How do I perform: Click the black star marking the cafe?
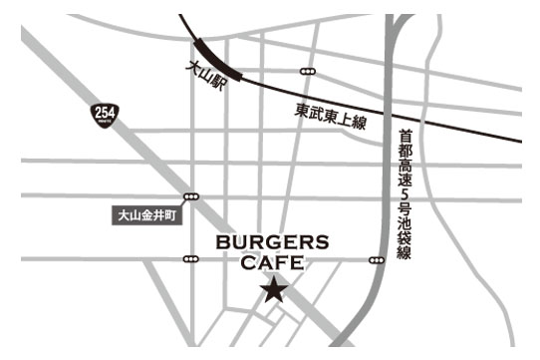[x=273, y=291]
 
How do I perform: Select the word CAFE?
[x=273, y=263]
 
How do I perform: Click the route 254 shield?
[x=103, y=113]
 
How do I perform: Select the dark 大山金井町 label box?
[x=145, y=214]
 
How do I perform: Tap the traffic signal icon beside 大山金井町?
[x=191, y=196]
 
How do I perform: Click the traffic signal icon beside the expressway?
[x=376, y=260]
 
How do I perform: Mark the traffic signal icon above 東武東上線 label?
[x=308, y=72]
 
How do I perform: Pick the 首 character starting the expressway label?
[x=404, y=136]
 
